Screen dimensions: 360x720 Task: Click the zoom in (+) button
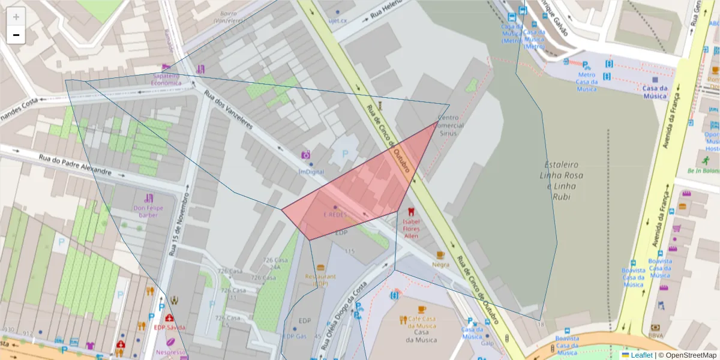coord(16,17)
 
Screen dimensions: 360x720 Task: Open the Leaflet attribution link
coord(641,355)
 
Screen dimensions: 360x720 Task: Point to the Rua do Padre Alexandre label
coord(75,164)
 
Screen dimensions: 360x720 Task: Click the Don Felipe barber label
coord(149,211)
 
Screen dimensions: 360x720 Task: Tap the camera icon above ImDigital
coord(305,155)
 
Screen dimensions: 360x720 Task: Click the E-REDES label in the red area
coord(335,215)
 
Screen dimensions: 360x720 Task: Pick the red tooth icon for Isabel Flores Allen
coord(411,212)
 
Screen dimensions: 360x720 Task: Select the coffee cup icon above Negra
coord(440,255)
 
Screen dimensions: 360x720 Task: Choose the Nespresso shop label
coord(170,353)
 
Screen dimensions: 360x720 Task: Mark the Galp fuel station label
coord(487,344)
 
